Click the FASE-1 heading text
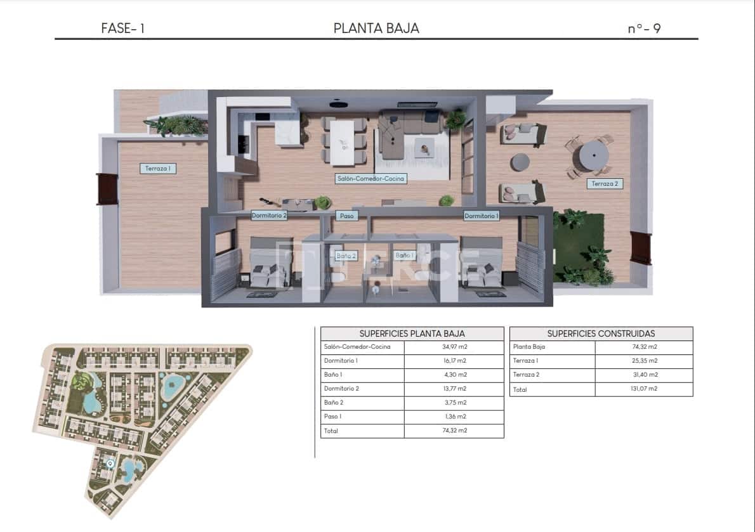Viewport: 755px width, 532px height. [x=122, y=29]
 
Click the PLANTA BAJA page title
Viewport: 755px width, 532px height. [x=376, y=29]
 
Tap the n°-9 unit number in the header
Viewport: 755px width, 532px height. [x=644, y=29]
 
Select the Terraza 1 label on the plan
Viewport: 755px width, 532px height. [x=158, y=168]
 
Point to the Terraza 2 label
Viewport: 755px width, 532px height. [x=604, y=184]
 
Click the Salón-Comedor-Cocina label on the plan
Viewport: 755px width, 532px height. [x=371, y=179]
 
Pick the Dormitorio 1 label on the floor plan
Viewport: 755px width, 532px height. [x=482, y=216]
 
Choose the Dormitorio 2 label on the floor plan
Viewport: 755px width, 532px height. [x=269, y=216]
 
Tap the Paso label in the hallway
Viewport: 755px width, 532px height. [x=346, y=216]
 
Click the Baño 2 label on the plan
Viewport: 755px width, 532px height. [x=346, y=256]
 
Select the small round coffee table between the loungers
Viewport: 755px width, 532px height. [x=520, y=162]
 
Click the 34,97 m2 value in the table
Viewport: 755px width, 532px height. [x=454, y=347]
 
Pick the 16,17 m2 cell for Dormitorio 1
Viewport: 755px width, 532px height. [x=454, y=361]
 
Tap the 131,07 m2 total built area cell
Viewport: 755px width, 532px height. [x=643, y=389]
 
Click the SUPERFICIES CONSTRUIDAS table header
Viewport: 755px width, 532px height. [x=601, y=334]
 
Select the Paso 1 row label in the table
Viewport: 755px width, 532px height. [x=333, y=417]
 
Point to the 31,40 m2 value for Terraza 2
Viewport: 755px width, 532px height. [x=643, y=375]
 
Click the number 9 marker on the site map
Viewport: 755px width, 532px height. [x=110, y=464]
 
